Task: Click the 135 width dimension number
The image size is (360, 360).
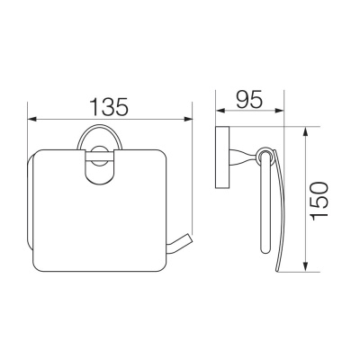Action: pyautogui.click(x=110, y=105)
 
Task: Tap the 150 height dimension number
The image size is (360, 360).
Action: pyautogui.click(x=319, y=201)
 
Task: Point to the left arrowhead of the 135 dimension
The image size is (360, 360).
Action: pyautogui.click(x=32, y=119)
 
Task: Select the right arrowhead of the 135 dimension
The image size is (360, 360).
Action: pyautogui.click(x=188, y=119)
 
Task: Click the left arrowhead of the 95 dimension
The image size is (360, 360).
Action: pyautogui.click(x=220, y=111)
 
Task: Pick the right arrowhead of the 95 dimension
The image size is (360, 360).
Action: pyautogui.click(x=279, y=111)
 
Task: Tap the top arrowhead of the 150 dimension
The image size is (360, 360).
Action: pyautogui.click(x=305, y=132)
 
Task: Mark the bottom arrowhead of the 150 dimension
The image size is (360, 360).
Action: pyautogui.click(x=305, y=267)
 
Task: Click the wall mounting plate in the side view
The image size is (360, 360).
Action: pyautogui.click(x=222, y=157)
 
